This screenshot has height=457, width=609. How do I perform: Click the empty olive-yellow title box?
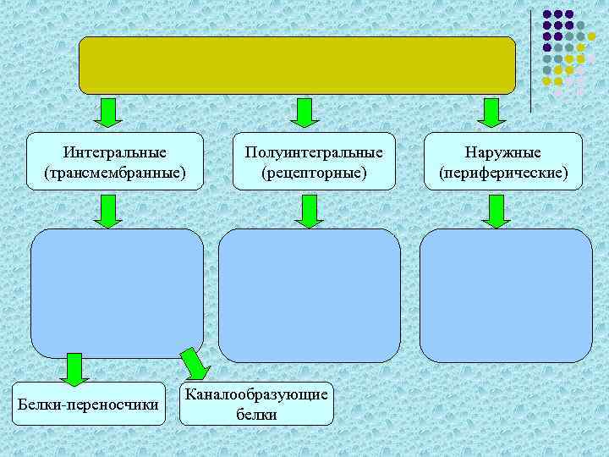[x=297, y=65]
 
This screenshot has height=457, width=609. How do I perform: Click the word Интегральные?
[x=115, y=152]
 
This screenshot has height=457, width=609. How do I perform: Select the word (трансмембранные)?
[x=115, y=173]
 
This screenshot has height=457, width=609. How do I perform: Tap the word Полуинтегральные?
[x=314, y=152]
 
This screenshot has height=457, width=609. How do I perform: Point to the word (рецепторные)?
[x=314, y=173]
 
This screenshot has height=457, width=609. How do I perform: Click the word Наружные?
[x=503, y=152]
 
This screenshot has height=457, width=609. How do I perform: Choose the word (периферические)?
[x=503, y=173]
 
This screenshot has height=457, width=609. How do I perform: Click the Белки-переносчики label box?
[x=89, y=405]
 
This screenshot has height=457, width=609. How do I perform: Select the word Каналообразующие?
[x=257, y=395]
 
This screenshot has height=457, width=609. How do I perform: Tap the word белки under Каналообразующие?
[x=257, y=414]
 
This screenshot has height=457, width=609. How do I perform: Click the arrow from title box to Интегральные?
[x=108, y=113]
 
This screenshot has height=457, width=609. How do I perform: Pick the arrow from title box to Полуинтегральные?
[x=303, y=113]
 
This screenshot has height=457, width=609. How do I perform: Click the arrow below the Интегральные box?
[x=108, y=211]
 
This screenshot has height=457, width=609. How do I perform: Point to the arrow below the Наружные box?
[x=497, y=211]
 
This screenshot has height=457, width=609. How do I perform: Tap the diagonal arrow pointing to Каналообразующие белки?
[x=195, y=364]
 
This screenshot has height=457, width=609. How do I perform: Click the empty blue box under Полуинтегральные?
[x=309, y=295]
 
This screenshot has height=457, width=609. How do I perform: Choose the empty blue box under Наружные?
[x=506, y=295]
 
